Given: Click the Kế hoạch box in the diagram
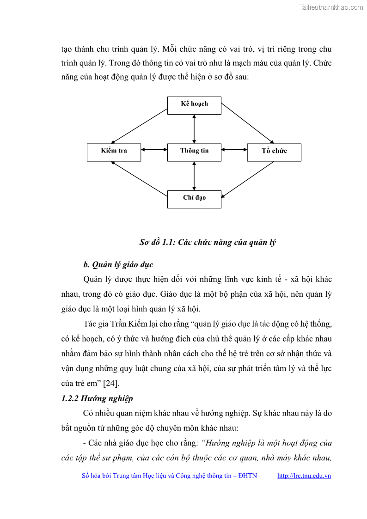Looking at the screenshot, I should tap(194, 105).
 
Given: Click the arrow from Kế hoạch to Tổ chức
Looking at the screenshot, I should tap(248, 123).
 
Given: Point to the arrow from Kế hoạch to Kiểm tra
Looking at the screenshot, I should tap(140, 126).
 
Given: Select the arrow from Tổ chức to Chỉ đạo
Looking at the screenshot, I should tap(248, 180).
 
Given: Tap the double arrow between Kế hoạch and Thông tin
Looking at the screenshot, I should tap(194, 128).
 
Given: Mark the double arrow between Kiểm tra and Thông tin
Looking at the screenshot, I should tap(154, 149).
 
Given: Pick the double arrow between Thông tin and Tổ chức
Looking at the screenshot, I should tap(234, 149).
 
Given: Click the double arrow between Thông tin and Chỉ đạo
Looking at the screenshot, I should tap(194, 176).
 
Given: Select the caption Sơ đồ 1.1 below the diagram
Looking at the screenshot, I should tap(208, 243).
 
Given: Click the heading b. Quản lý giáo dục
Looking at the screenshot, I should tap(118, 265).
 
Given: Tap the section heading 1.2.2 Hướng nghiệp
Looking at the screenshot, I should tap(97, 398).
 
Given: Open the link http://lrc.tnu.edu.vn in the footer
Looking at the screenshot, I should tap(304, 476).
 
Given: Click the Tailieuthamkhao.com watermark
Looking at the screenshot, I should tap(331, 7).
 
